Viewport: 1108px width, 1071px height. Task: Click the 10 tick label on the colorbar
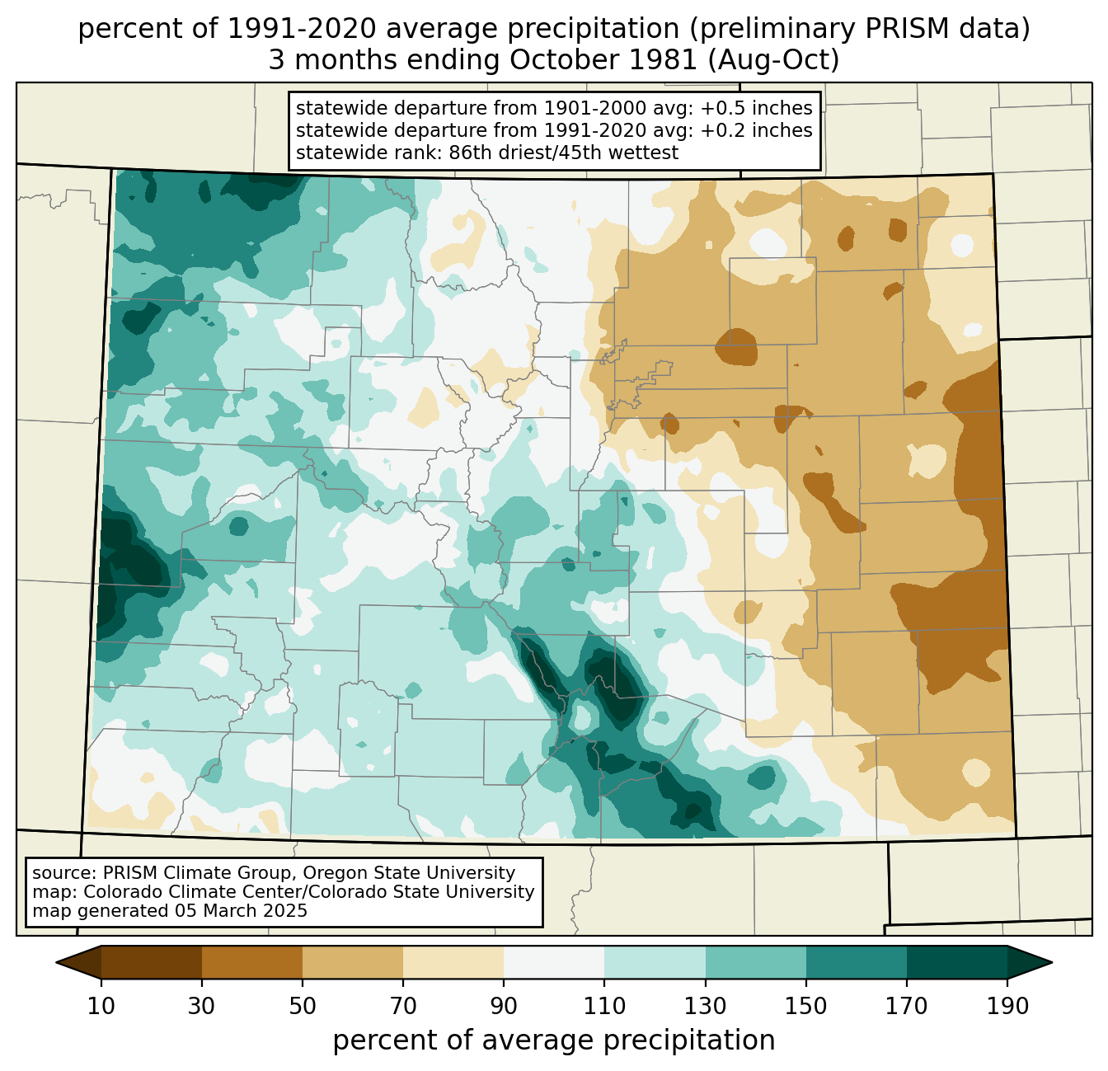[x=101, y=1006]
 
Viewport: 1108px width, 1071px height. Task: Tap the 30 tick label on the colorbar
[x=202, y=1006]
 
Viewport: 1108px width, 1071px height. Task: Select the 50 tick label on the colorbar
[x=303, y=1006]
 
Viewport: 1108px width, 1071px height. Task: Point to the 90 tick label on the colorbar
[x=504, y=1006]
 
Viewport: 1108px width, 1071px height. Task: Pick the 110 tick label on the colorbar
[x=604, y=1006]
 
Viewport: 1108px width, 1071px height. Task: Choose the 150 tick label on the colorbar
[x=806, y=1006]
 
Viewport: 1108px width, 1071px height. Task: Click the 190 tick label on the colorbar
[x=1007, y=1006]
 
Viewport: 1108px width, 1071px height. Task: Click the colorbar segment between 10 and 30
[x=152, y=962]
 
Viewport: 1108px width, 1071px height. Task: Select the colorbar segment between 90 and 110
[x=554, y=962]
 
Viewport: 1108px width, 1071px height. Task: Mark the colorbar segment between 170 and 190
[x=957, y=962]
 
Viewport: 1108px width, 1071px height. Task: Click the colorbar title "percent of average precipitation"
[x=554, y=1040]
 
